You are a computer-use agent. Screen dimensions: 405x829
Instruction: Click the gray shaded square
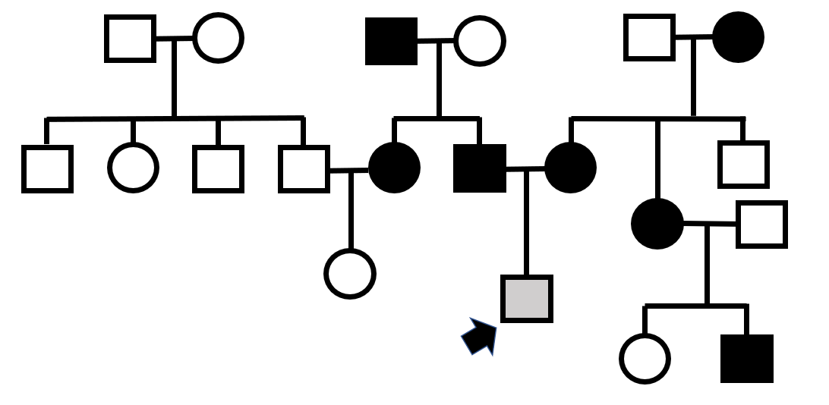(x=527, y=298)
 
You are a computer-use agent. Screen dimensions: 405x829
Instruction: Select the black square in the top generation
(x=392, y=41)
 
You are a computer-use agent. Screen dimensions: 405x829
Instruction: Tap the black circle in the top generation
(x=738, y=37)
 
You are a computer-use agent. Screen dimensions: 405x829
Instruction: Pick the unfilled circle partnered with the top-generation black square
(x=479, y=41)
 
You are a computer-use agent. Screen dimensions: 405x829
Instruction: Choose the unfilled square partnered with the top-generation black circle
(x=649, y=37)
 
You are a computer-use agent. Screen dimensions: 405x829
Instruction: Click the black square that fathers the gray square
(x=480, y=168)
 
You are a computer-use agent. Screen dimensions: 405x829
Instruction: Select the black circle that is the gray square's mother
(x=570, y=168)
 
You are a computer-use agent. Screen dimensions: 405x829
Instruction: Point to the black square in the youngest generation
(x=747, y=358)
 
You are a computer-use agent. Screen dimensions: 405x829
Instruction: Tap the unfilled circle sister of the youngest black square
(x=645, y=358)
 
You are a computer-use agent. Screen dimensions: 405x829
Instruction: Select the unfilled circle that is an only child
(x=350, y=273)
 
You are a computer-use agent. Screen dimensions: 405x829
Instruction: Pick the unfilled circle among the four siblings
(x=133, y=167)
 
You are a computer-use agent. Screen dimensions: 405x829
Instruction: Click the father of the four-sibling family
(x=130, y=38)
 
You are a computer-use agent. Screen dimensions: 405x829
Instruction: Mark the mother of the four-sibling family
(x=218, y=37)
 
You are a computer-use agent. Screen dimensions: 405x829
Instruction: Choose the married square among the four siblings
(x=304, y=168)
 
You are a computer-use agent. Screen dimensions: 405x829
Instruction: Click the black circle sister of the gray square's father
(x=394, y=168)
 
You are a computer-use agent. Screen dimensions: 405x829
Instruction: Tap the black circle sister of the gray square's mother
(x=657, y=224)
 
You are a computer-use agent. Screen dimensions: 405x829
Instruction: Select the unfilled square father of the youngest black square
(x=761, y=224)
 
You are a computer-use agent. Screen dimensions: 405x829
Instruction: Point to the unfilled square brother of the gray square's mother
(x=743, y=164)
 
